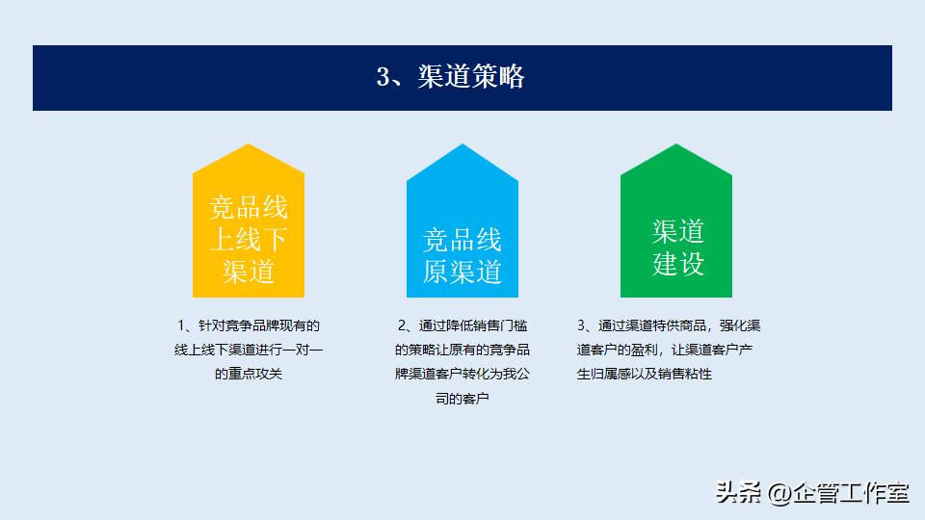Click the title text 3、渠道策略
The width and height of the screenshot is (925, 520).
[450, 77]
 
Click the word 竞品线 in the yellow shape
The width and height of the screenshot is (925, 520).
[249, 208]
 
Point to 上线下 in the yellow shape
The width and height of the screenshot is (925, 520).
[249, 240]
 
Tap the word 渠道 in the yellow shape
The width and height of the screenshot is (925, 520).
[249, 272]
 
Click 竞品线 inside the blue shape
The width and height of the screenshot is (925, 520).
[462, 240]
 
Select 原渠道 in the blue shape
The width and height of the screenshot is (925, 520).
[462, 272]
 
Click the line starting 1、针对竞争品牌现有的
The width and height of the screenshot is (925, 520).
[249, 325]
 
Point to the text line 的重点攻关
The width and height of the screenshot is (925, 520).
[249, 373]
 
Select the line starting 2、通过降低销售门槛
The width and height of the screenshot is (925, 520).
[462, 325]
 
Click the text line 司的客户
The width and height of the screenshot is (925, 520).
[462, 397]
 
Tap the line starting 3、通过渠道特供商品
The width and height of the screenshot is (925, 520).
[669, 325]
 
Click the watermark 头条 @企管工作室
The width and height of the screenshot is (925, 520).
[812, 494]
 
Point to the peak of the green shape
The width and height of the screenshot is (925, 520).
[676, 147]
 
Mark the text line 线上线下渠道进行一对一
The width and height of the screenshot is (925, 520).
[249, 350]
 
